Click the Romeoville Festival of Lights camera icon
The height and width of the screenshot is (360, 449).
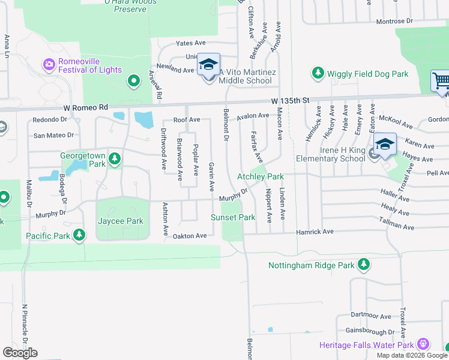pyautogui.click(x=49, y=64)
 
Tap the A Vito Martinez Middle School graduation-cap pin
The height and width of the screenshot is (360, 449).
pyautogui.click(x=208, y=65)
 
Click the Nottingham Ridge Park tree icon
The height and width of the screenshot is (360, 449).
pyautogui.click(x=363, y=265)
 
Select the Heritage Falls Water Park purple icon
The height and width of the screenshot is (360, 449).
pyautogui.click(x=423, y=344)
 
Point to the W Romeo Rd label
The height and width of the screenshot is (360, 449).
pyautogui.click(x=85, y=107)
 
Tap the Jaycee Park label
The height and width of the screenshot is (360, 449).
pyautogui.click(x=121, y=221)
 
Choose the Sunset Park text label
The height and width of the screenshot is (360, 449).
pyautogui.click(x=233, y=217)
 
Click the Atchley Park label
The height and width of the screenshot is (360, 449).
pyautogui.click(x=260, y=176)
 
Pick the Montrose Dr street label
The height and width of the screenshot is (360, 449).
pyautogui.click(x=394, y=21)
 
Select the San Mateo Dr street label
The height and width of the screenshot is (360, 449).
pyautogui.click(x=53, y=136)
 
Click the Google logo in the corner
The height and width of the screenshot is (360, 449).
pyautogui.click(x=20, y=353)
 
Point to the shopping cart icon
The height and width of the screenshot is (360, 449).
pyautogui.click(x=441, y=81)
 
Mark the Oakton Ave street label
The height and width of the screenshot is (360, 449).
pyautogui.click(x=190, y=236)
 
